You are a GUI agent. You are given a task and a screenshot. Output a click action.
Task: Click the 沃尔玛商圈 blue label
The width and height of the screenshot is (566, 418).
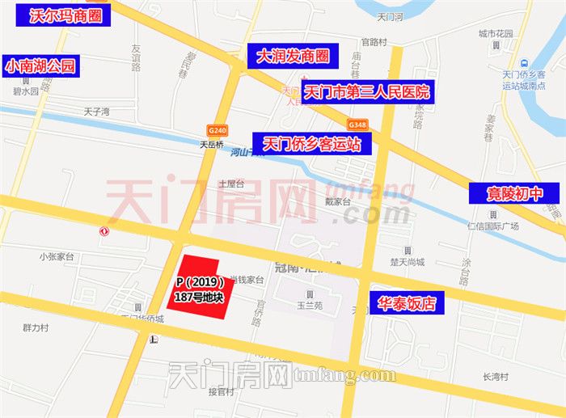click(64, 15)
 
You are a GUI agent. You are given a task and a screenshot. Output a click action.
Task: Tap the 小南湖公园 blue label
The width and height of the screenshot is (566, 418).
click(41, 66)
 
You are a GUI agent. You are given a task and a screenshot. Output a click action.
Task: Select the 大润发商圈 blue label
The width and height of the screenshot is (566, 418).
click(292, 57)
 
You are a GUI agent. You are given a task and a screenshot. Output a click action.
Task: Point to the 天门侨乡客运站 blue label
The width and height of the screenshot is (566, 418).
click(312, 144)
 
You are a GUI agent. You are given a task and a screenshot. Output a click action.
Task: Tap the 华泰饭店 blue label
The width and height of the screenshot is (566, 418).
click(408, 304)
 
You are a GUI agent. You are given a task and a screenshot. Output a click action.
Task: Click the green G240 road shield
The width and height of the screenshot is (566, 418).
click(217, 130)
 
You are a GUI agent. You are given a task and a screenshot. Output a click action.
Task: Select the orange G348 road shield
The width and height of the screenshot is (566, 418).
click(358, 125)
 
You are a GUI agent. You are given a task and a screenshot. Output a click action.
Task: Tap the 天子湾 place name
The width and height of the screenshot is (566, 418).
click(95, 111)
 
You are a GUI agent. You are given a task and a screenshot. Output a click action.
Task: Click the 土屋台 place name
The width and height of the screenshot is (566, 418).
click(230, 184)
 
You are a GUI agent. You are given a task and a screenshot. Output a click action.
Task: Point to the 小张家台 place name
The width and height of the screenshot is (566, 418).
click(56, 256)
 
